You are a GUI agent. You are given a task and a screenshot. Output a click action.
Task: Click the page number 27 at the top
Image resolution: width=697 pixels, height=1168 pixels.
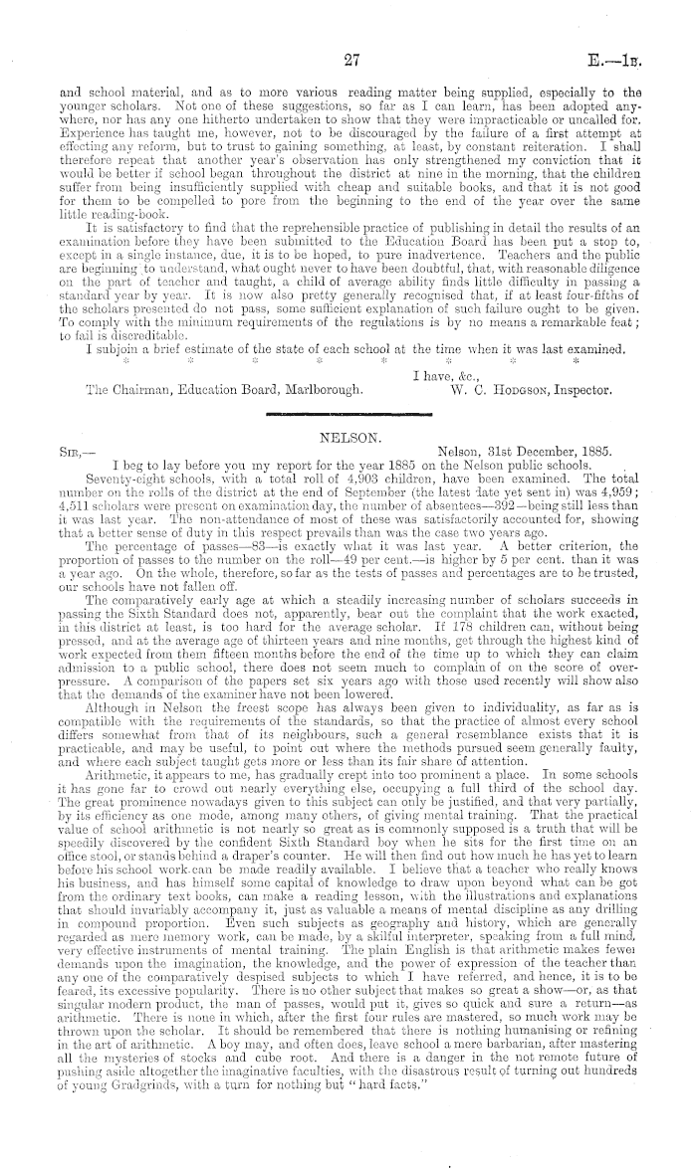[349, 61]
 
